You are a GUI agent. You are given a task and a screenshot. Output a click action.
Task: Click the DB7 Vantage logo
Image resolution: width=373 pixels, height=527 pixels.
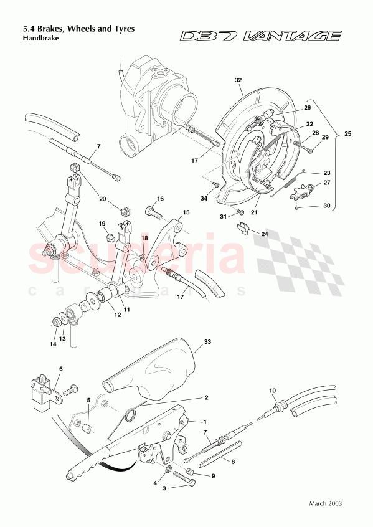click(x=260, y=37)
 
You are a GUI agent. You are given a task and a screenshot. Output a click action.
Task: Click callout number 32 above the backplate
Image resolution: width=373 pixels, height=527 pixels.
click(x=238, y=80)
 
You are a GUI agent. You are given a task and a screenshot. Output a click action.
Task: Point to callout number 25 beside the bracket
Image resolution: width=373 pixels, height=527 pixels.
click(x=347, y=134)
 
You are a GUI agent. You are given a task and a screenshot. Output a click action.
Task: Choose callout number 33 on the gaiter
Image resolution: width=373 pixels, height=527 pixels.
click(x=208, y=342)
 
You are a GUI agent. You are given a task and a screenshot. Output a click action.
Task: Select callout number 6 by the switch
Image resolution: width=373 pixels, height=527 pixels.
click(x=60, y=369)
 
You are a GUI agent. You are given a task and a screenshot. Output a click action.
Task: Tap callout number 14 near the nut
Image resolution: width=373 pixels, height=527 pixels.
click(x=52, y=343)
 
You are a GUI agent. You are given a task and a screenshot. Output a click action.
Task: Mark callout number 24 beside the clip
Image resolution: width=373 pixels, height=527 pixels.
click(x=264, y=235)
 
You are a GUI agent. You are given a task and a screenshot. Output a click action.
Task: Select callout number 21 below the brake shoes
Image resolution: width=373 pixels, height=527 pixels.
click(x=254, y=212)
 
